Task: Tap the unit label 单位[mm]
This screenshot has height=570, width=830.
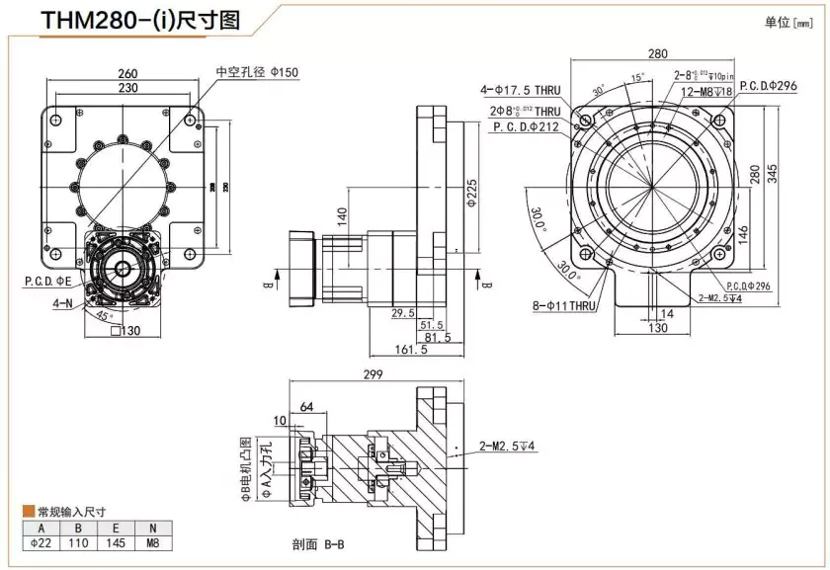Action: click(788, 22)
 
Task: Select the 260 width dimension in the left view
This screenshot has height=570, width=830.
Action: click(127, 73)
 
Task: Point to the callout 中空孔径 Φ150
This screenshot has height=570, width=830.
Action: click(257, 72)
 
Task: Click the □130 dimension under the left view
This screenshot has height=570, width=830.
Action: click(127, 331)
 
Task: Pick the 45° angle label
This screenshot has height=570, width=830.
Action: click(105, 316)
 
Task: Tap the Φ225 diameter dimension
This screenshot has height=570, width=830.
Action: click(471, 188)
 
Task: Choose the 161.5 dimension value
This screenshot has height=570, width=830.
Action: click(411, 350)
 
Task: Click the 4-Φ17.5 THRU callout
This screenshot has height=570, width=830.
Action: click(524, 91)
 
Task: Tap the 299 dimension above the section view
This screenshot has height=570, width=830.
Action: click(373, 375)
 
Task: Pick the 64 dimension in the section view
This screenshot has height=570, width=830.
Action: click(306, 405)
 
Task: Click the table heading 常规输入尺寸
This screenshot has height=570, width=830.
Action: click(71, 512)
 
